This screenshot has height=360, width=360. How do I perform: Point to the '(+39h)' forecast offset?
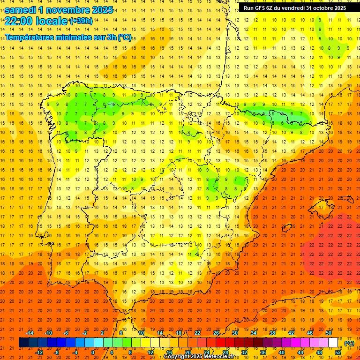click(x=81, y=21)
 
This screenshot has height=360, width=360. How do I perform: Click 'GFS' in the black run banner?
click(x=261, y=8)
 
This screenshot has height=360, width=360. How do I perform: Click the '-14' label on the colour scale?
click(x=30, y=333)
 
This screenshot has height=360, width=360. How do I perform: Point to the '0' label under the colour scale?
click(x=93, y=352)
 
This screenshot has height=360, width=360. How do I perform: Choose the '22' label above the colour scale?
click(x=197, y=333)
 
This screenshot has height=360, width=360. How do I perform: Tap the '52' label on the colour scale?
click(x=338, y=352)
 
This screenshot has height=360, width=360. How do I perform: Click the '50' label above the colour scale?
click(x=329, y=333)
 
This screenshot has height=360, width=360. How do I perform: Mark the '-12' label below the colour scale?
click(x=39, y=352)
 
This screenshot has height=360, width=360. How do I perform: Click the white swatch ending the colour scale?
click(x=333, y=343)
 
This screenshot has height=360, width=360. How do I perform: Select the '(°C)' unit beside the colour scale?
click(x=349, y=343)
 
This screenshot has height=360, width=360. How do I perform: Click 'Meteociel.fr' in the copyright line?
click(x=221, y=357)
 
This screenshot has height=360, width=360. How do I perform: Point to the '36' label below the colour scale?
click(x=263, y=352)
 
